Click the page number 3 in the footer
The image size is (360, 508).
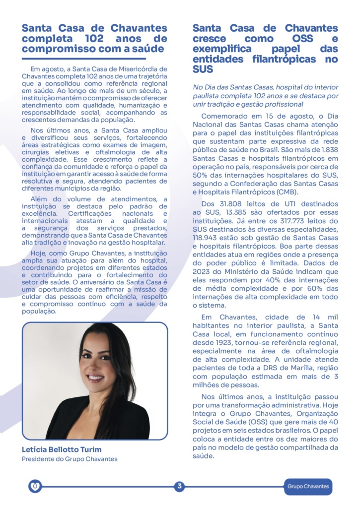(x=179, y=486)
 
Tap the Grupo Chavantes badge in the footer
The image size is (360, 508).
(x=308, y=487)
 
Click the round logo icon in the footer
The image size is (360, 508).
(x=35, y=487)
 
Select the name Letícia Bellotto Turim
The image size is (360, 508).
(x=62, y=449)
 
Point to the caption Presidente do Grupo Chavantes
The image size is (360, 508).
(x=70, y=459)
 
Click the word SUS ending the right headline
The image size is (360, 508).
(x=203, y=70)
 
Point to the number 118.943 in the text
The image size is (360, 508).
(x=208, y=238)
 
